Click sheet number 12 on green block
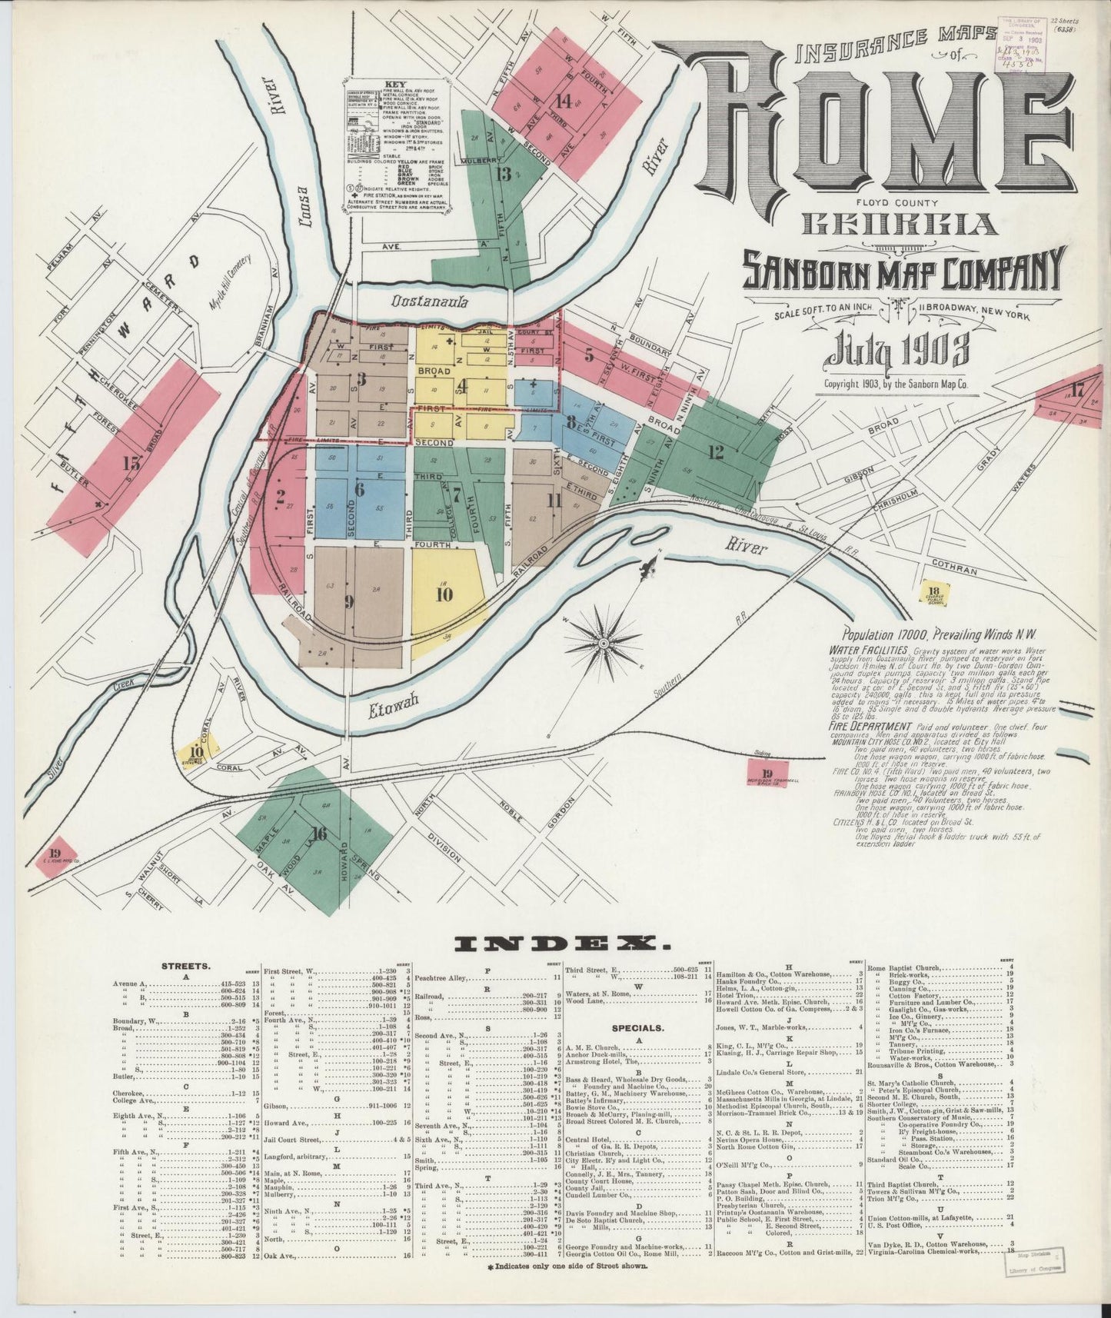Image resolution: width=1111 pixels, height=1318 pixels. tap(716, 451)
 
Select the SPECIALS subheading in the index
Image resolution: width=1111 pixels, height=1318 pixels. tap(639, 1027)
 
